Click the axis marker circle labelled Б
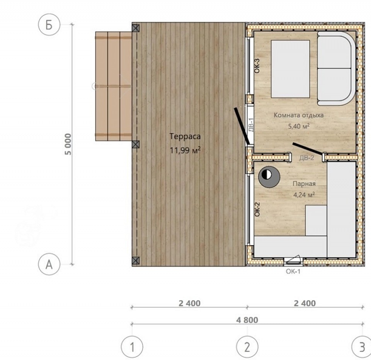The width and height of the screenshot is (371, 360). (x=49, y=25)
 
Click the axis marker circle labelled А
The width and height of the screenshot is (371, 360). (x=49, y=264)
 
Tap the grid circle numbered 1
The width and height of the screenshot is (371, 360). (x=132, y=347)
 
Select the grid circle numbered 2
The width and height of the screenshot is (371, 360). (x=247, y=347)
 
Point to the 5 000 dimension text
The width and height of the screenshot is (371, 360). (x=68, y=144)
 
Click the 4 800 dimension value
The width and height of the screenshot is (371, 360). (x=247, y=320)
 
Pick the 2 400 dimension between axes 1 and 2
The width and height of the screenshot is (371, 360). (x=189, y=303)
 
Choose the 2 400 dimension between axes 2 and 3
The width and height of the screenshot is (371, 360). (x=305, y=303)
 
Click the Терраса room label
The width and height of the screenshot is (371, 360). (x=185, y=136)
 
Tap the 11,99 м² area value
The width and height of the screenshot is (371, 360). (x=185, y=150)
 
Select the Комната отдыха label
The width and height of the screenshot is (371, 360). (x=299, y=115)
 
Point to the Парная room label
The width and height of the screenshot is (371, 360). (x=304, y=184)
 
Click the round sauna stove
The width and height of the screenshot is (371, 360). (x=269, y=177)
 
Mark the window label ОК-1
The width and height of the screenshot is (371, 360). (x=293, y=271)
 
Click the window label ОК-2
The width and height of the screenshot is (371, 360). (x=257, y=209)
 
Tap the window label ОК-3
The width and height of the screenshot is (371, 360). (x=257, y=66)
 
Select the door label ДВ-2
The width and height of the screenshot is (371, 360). (x=306, y=158)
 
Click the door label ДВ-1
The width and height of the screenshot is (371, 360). (x=251, y=125)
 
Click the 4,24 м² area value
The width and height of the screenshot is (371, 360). (x=304, y=195)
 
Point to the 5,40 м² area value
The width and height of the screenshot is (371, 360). (x=299, y=126)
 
